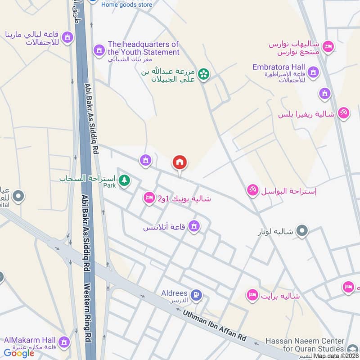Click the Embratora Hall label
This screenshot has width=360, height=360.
279,67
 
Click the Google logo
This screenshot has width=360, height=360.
19,353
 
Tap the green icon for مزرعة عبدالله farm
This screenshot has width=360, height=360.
203,74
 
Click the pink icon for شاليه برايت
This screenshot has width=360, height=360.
252,296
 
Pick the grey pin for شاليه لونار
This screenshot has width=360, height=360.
302,231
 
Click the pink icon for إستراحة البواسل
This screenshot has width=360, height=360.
252,190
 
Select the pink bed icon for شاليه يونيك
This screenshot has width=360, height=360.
149,198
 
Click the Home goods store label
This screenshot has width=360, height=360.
126,4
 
